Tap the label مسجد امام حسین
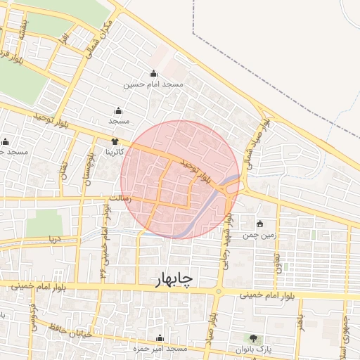pyautogui.click(x=153, y=84)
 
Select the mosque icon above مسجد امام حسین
pyautogui.click(x=153, y=74)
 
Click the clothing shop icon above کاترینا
pyautogui.click(x=115, y=141)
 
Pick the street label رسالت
pyautogui.click(x=115, y=199)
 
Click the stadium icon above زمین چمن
pyautogui.click(x=260, y=224)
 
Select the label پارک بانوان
pyautogui.click(x=253, y=349)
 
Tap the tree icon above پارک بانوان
pyautogui.click(x=253, y=339)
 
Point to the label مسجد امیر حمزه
pyautogui.click(x=160, y=349)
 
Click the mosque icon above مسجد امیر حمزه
pyautogui.click(x=160, y=338)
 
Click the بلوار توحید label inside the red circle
pyautogui.click(x=195, y=171)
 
